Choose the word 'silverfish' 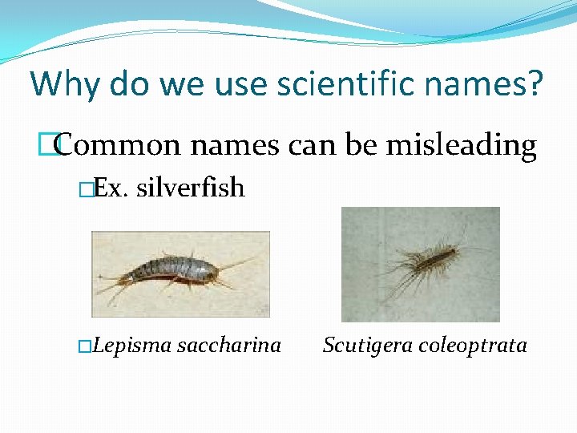click(190, 188)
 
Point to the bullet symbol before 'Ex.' click(87, 189)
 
